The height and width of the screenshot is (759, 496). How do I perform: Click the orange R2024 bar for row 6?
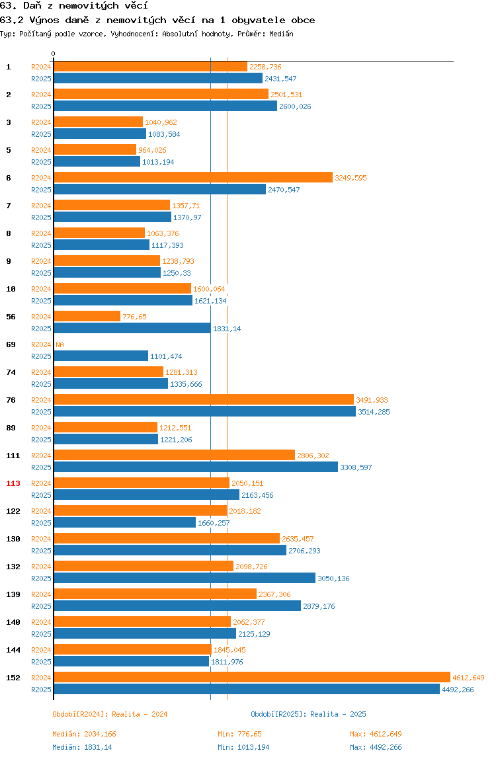(x=193, y=178)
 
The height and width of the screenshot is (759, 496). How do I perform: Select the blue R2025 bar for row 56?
(x=132, y=328)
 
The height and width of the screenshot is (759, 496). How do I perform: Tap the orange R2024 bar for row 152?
(x=252, y=677)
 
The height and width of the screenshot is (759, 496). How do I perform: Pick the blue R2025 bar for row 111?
(x=196, y=467)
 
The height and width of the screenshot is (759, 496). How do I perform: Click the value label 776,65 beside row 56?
(x=134, y=317)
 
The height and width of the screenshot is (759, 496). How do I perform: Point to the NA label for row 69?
(x=60, y=344)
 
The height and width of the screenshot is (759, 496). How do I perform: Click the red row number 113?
(x=13, y=483)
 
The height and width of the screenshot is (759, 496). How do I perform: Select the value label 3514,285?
(x=374, y=412)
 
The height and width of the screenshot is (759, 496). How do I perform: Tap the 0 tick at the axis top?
(x=54, y=54)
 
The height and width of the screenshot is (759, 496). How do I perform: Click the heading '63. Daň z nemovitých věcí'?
(x=73, y=6)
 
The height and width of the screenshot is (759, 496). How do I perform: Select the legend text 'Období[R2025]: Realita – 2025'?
(x=308, y=714)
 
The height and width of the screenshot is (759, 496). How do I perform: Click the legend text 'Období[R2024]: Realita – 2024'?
(x=110, y=714)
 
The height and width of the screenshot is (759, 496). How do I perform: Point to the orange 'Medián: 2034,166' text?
(x=84, y=734)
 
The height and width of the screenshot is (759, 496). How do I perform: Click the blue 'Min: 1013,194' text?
(x=243, y=747)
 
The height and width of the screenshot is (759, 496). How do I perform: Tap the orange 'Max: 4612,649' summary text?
(x=376, y=734)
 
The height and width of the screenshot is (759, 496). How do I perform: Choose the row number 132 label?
(x=13, y=567)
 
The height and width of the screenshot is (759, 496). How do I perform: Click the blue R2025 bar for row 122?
(x=124, y=523)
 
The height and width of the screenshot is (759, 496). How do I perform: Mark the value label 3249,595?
(x=351, y=178)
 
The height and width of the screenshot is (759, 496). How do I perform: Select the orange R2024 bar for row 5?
(x=95, y=149)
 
